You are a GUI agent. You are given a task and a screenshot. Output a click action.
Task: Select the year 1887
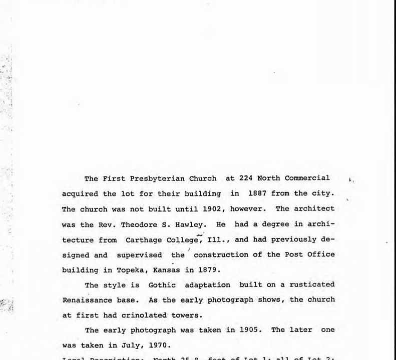(x=257, y=193)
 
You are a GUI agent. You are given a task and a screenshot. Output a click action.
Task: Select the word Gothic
(x=162, y=284)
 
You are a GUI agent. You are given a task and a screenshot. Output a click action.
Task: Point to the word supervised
(x=140, y=254)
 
